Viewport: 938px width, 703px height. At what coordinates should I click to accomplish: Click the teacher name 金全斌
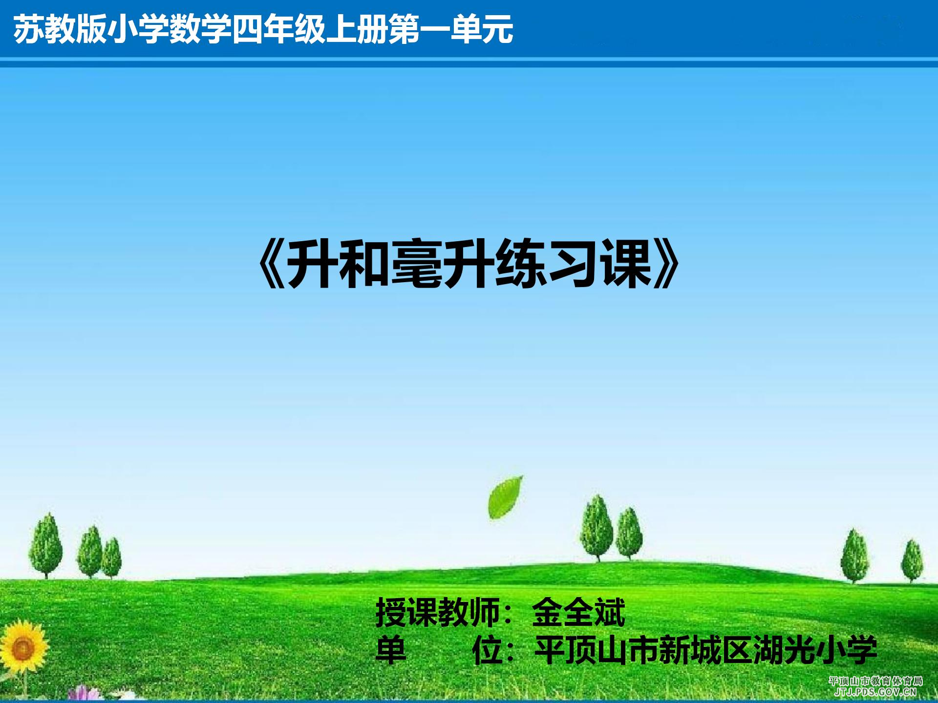578,613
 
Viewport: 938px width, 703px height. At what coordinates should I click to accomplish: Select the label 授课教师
438,613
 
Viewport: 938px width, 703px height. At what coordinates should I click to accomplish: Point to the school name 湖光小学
815,650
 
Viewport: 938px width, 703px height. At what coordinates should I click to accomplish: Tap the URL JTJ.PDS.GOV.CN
875,692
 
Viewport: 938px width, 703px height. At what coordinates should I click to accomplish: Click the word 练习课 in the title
574,264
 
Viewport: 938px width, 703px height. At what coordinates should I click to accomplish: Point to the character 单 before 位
391,650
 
